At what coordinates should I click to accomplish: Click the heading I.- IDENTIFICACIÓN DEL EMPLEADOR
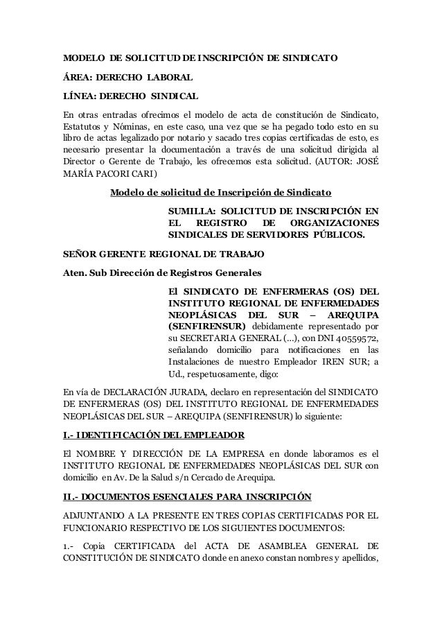(x=153, y=435)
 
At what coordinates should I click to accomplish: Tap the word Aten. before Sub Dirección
(x=74, y=272)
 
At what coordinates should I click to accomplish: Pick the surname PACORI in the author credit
(x=109, y=172)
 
